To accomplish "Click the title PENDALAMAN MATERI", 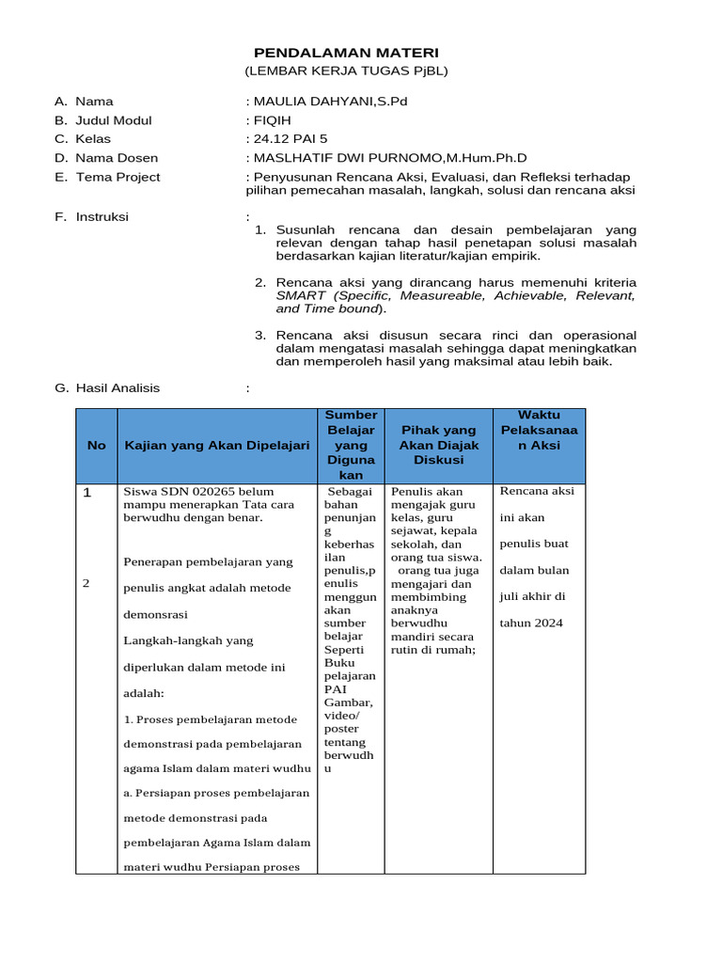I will [x=347, y=53].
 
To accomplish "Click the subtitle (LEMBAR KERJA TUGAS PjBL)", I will [x=347, y=71].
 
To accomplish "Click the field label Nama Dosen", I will [x=117, y=158].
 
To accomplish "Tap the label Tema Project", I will [x=118, y=177].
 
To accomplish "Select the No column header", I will [x=97, y=446].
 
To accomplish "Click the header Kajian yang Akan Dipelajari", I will [x=217, y=446].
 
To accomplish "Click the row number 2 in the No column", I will [x=86, y=583].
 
